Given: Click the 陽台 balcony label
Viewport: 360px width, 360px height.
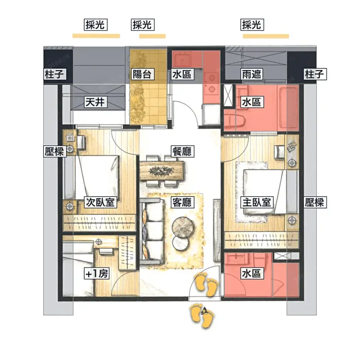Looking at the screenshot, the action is click(x=142, y=74).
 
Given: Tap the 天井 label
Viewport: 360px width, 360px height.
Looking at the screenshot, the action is click(x=95, y=102).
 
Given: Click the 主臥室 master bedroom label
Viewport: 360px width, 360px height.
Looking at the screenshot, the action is click(x=257, y=202).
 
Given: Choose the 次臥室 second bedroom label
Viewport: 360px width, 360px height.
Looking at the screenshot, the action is click(x=100, y=202).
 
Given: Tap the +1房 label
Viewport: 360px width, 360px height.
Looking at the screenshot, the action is click(x=96, y=274).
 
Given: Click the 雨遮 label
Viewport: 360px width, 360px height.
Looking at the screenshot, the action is click(x=252, y=74).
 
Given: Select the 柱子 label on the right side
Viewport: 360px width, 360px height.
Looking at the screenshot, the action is click(x=315, y=74).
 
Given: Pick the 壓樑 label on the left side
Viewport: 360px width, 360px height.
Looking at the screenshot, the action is click(x=54, y=151).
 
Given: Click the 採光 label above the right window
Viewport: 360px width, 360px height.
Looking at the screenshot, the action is click(x=252, y=25).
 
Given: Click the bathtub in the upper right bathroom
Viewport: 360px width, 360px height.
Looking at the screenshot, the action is click(x=288, y=108).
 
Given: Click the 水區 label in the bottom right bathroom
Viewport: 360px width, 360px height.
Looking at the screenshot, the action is click(x=252, y=274).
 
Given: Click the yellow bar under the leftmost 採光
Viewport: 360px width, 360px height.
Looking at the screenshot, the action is click(x=96, y=36).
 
